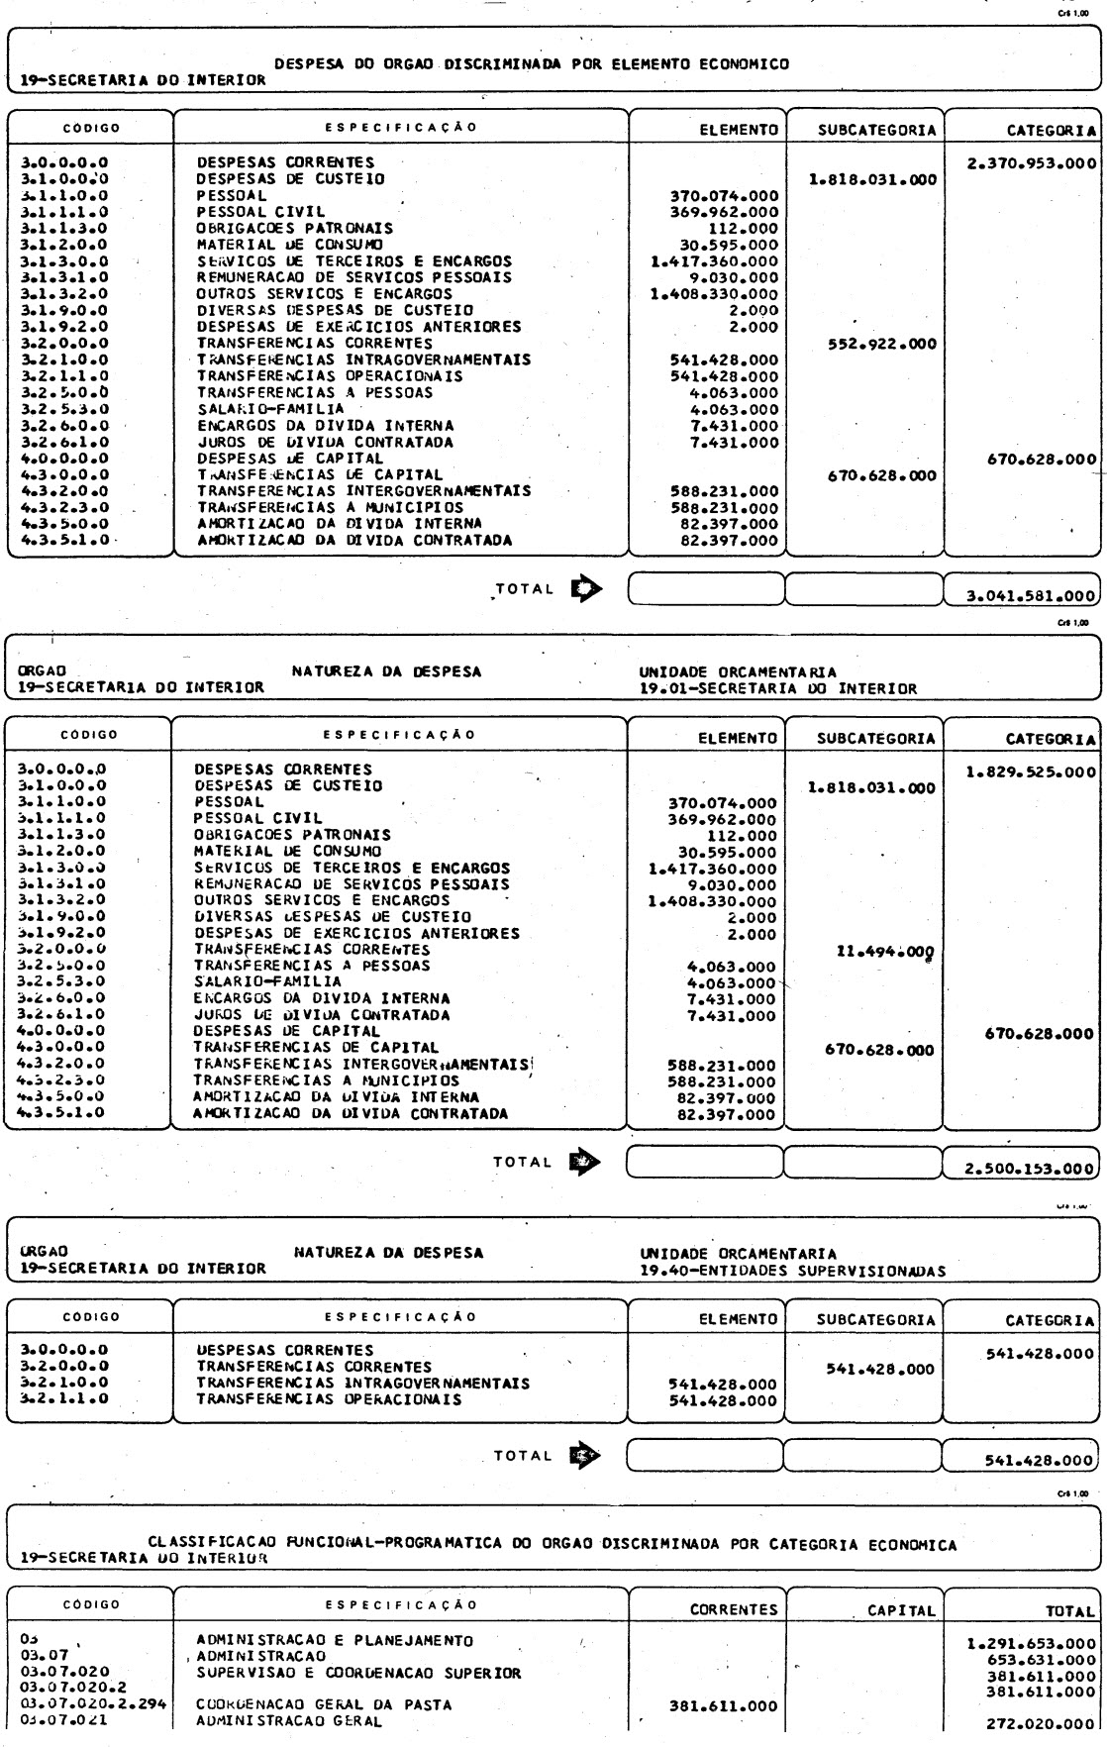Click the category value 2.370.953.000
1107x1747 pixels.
click(x=1031, y=164)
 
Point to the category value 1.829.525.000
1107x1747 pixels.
click(x=1031, y=771)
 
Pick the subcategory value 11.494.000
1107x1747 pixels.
click(x=885, y=951)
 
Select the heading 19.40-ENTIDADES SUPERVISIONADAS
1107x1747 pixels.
click(x=792, y=1271)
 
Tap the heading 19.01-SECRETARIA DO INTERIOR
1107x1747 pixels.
click(x=777, y=688)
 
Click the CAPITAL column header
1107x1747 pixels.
click(x=901, y=1611)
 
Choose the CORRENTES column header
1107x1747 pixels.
click(x=734, y=1610)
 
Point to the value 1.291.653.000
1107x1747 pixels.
click(x=1031, y=1645)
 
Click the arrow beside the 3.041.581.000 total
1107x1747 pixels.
click(x=585, y=588)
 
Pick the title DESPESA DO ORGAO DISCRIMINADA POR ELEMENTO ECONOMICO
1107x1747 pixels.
click(x=532, y=64)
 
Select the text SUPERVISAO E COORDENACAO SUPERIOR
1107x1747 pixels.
click(x=358, y=1674)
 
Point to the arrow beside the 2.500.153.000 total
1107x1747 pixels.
click(x=585, y=1162)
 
